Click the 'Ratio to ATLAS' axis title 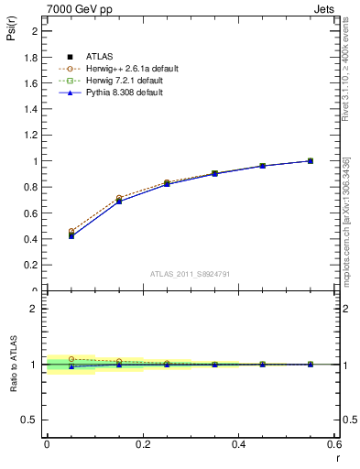click(13, 364)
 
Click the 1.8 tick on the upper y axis click(32, 57)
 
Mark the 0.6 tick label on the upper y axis click(32, 213)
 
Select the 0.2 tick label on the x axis click(142, 443)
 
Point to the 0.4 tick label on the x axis click(238, 443)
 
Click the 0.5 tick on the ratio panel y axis click(32, 420)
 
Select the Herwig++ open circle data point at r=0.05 click(71, 232)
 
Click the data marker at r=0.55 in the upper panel click(311, 161)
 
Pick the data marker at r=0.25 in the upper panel click(167, 184)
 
